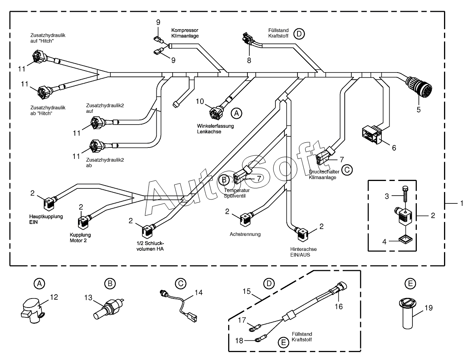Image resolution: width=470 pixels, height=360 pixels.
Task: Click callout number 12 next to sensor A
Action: coord(54,297)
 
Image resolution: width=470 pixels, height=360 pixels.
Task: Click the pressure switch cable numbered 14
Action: coord(180,305)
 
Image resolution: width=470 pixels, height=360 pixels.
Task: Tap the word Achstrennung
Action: coord(245,234)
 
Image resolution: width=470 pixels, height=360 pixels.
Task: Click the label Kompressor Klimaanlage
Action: coord(185,33)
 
